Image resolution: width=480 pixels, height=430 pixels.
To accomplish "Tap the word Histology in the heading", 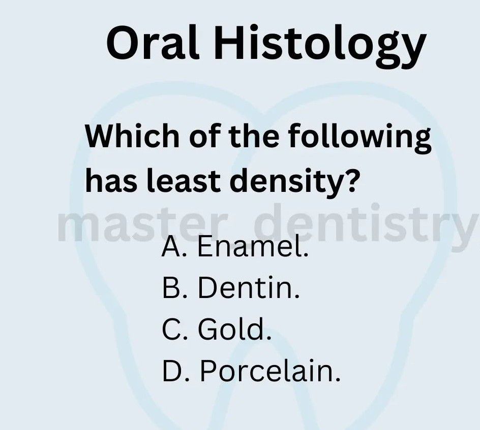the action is tap(320, 46).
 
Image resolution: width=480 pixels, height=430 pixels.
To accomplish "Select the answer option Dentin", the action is tap(249, 288).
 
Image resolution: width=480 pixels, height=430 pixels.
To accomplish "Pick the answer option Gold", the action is tap(234, 329).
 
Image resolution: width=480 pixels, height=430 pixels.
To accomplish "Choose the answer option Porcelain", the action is tap(269, 371).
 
